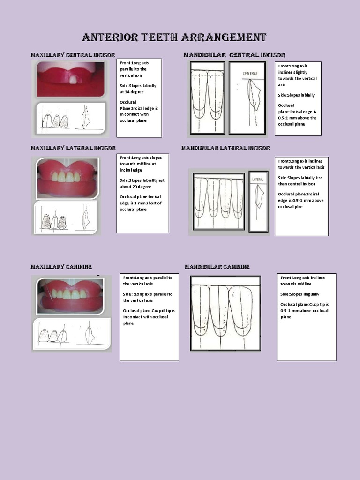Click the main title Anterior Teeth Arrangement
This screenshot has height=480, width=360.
[174, 37]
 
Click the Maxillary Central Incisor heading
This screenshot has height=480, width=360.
[73, 55]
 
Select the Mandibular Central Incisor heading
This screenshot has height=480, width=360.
[234, 55]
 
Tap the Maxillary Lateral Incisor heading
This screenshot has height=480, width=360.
[73, 148]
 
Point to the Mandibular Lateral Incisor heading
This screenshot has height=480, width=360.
[225, 148]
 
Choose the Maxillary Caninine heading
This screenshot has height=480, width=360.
[61, 267]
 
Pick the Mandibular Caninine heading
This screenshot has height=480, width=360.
[217, 267]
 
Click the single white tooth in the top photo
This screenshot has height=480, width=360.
[73, 80]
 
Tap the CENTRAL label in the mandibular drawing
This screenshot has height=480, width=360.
[250, 74]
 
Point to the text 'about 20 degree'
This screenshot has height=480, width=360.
[135, 187]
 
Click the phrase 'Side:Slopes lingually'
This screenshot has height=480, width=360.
[300, 294]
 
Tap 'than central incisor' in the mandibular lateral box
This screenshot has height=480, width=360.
[298, 184]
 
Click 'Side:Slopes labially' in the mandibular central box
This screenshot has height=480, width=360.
[296, 95]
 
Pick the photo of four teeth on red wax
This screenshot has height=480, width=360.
[68, 177]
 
